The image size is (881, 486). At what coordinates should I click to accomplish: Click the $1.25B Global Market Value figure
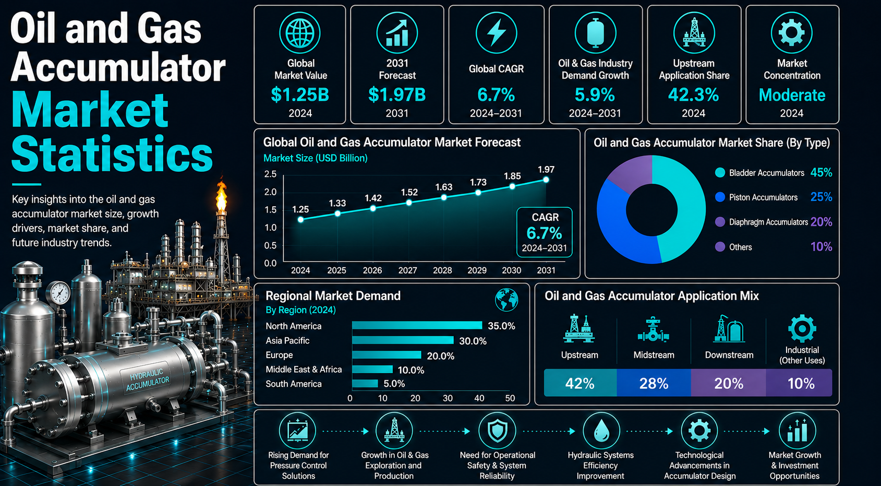click(x=300, y=95)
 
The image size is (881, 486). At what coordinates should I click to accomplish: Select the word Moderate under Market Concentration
click(x=792, y=95)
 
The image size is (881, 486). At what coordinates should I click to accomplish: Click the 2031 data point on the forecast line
click(x=546, y=180)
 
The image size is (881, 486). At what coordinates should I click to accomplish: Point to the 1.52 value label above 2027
click(x=409, y=193)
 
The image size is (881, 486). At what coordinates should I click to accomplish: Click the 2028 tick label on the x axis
click(x=442, y=270)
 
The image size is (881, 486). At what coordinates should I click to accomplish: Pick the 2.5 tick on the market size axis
click(x=270, y=174)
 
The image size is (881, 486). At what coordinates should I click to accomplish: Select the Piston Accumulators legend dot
click(x=720, y=197)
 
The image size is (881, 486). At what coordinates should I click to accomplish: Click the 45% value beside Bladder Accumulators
click(x=821, y=172)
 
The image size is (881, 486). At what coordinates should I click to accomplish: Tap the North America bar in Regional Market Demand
click(x=417, y=325)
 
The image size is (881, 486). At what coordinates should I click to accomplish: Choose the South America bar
click(x=365, y=383)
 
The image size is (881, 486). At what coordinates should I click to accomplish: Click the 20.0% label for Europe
click(x=440, y=356)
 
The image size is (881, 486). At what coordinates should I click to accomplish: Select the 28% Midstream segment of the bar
click(x=654, y=383)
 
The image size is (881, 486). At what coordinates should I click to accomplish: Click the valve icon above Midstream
click(x=653, y=329)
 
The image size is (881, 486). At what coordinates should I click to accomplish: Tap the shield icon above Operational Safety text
click(x=497, y=431)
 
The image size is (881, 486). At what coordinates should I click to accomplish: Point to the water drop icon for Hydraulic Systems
click(x=601, y=431)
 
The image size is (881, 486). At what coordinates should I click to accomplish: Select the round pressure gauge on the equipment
click(x=59, y=293)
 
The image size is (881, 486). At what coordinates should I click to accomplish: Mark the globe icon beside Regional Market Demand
click(x=506, y=300)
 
